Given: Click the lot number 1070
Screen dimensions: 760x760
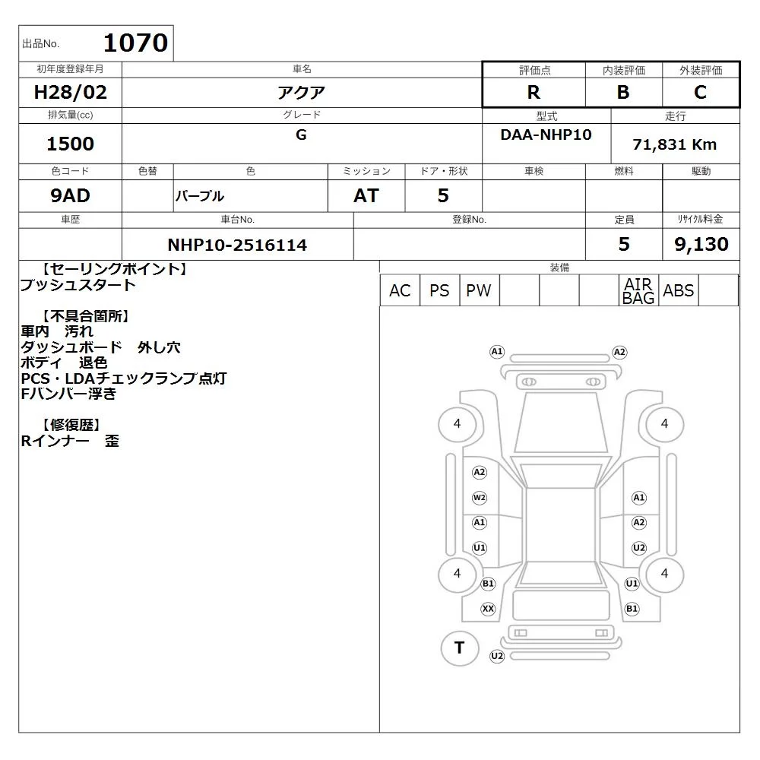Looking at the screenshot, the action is pyautogui.click(x=136, y=43).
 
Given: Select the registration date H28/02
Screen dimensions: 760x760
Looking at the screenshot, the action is pyautogui.click(x=70, y=92).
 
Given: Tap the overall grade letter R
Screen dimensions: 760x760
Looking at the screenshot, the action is pyautogui.click(x=534, y=92).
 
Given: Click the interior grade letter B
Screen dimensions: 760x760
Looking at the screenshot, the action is pyautogui.click(x=623, y=92).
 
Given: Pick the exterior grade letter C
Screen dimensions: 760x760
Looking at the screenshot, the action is pyautogui.click(x=700, y=92).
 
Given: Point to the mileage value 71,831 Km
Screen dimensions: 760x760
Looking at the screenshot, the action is pyautogui.click(x=675, y=144).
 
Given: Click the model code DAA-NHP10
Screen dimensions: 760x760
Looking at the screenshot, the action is pyautogui.click(x=546, y=135).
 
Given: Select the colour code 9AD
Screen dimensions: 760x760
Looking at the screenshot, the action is pyautogui.click(x=70, y=196).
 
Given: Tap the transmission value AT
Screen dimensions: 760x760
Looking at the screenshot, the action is pyautogui.click(x=366, y=196).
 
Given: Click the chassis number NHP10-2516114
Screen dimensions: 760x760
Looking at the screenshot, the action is pyautogui.click(x=237, y=245).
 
